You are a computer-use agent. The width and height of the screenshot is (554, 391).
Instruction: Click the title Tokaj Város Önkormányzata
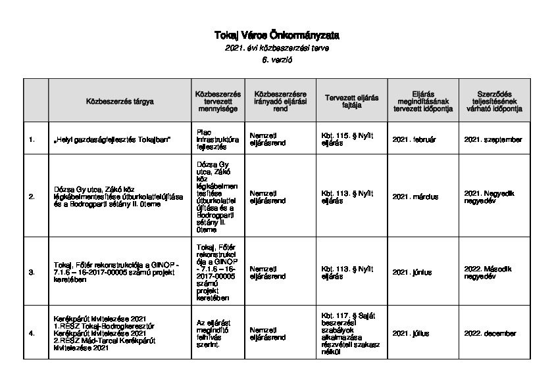[276, 35]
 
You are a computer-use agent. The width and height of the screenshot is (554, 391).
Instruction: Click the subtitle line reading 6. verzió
[276, 60]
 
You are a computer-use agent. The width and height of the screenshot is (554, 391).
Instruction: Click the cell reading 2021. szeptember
[493, 139]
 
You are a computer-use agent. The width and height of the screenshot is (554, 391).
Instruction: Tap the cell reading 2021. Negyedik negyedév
[493, 196]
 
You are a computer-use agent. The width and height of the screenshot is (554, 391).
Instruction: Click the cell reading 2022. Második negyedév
[493, 271]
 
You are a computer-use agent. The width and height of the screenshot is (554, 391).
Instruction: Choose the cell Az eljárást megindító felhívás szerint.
[214, 333]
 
